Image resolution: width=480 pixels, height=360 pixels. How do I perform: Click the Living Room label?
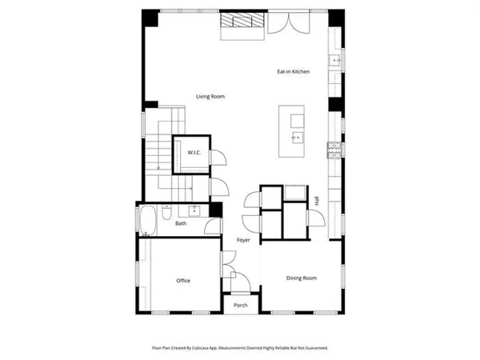point(211,97)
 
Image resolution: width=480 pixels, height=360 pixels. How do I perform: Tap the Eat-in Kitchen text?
point(293,72)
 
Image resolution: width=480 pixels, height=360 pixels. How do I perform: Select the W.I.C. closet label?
point(194,152)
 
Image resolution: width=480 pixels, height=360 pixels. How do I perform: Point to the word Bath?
point(181,223)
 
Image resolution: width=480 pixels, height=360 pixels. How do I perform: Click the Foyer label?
point(243,240)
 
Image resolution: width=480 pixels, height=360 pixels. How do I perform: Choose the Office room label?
point(182,280)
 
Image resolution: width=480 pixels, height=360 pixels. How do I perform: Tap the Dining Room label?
point(302,278)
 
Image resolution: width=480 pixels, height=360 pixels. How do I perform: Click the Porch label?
point(240,306)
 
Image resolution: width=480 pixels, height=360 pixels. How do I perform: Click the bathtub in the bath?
point(148,220)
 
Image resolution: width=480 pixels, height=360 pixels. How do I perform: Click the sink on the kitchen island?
point(298,138)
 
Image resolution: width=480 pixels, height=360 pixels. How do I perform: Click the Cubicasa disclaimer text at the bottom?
point(239,348)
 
